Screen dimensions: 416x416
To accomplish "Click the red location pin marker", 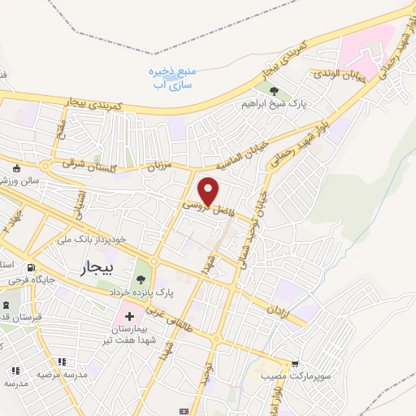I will click(210, 191).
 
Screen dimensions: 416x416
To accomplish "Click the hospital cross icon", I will click(128, 314).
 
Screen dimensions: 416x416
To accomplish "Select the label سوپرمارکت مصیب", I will click(285, 378).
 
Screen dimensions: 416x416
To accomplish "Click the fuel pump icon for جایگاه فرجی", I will click(31, 268).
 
